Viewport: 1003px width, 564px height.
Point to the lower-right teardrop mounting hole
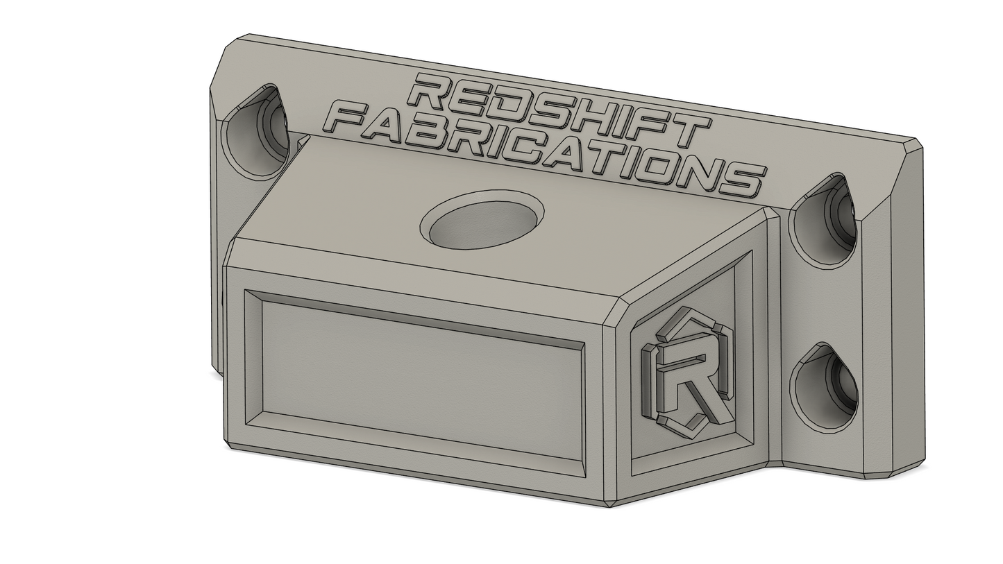click(x=824, y=388)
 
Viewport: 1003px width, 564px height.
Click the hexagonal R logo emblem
click(x=686, y=372)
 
